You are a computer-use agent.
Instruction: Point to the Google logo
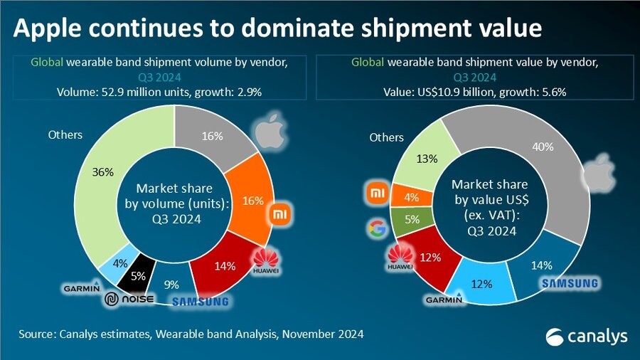pos(375,228)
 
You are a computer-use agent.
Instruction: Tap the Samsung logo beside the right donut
pos(570,284)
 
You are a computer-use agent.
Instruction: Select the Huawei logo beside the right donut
pos(400,258)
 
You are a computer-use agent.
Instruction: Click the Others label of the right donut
pos(386,137)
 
